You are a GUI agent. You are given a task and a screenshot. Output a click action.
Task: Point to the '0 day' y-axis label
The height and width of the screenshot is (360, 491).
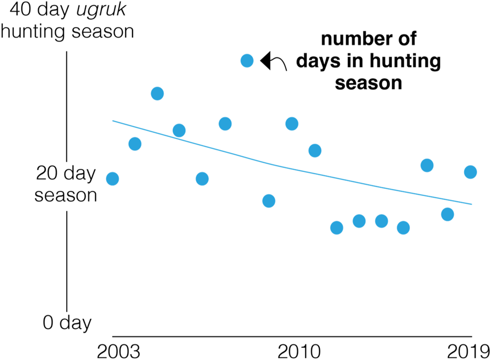[x=67, y=322]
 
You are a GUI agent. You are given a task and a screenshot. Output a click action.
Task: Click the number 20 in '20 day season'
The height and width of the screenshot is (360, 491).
[x=48, y=173]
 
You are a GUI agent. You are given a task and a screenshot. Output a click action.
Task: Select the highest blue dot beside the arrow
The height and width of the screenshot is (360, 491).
[x=247, y=60]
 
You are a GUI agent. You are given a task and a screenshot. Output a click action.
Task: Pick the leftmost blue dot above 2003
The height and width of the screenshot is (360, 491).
[x=112, y=179]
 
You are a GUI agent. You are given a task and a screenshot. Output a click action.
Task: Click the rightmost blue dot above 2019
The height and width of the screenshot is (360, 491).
[x=470, y=172]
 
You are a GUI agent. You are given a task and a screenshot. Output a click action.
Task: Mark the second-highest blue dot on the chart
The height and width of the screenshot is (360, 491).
[x=157, y=94]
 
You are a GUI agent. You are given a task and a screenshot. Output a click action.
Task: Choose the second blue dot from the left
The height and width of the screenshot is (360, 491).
[x=135, y=144]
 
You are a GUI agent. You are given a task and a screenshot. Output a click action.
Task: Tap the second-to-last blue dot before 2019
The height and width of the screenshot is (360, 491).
[x=448, y=214]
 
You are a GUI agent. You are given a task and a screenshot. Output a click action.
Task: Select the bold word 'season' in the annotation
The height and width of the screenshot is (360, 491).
[x=368, y=83]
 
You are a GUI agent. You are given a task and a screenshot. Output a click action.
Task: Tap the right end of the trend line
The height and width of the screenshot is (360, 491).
[x=471, y=204]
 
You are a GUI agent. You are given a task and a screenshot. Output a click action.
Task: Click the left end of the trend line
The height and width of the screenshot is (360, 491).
[x=112, y=121]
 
